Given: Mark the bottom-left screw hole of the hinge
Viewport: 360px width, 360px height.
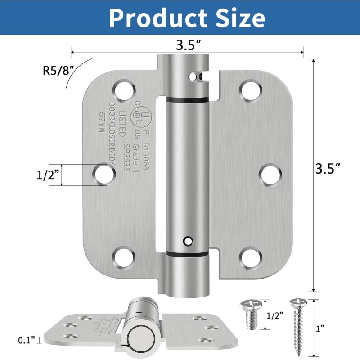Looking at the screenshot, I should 123,258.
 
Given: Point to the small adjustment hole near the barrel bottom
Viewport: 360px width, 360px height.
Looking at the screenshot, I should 186,241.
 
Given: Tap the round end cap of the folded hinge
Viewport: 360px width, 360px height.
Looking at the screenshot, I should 139,336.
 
